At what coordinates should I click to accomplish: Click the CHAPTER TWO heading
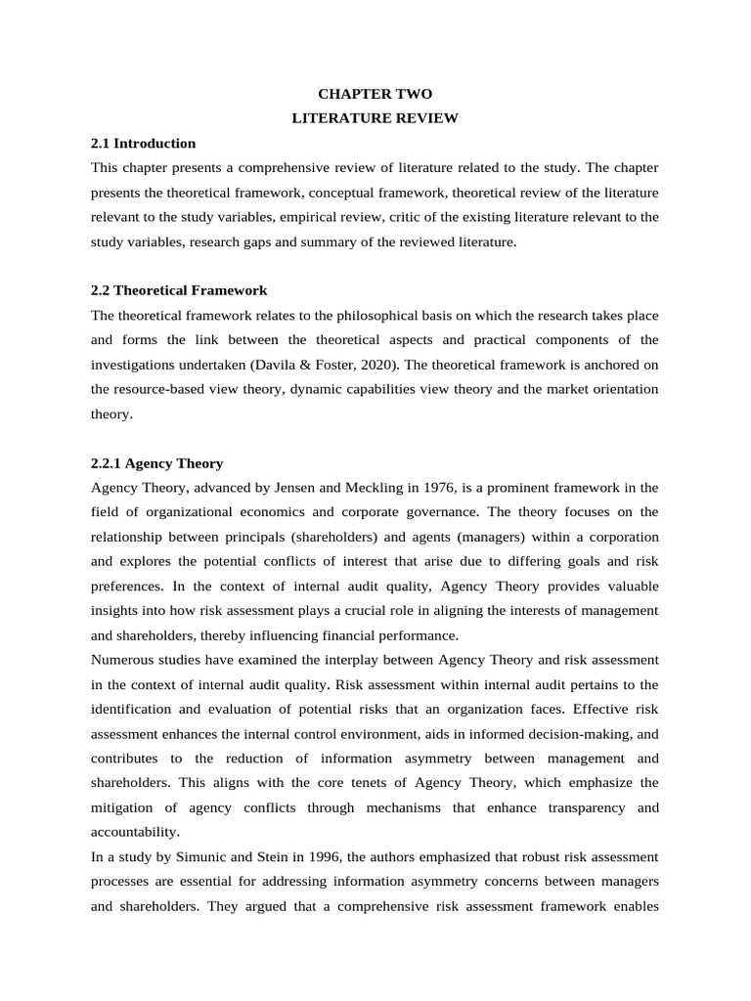click(375, 94)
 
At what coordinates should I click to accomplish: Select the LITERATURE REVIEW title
click(375, 118)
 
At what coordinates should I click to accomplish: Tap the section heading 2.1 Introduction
click(143, 143)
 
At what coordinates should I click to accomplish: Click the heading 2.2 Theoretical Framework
click(179, 290)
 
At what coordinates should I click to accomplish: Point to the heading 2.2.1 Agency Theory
click(156, 463)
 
